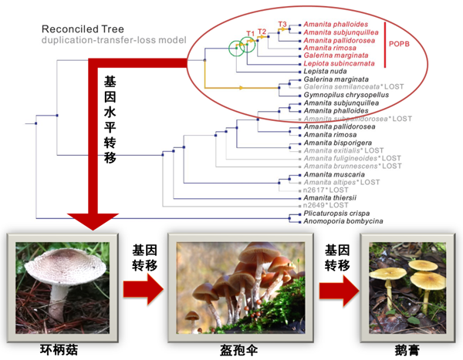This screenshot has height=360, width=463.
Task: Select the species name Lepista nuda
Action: point(323,71)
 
